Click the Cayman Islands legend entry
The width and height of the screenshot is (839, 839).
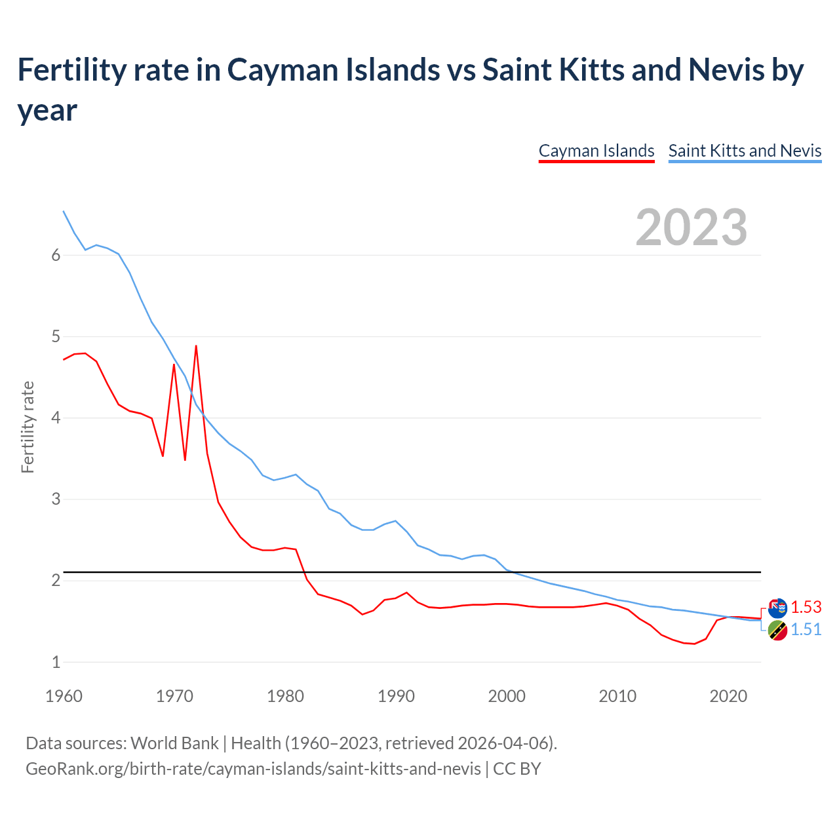tap(596, 151)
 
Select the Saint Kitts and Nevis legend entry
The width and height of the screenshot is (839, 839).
tap(745, 151)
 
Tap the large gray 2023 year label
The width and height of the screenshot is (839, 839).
tap(692, 227)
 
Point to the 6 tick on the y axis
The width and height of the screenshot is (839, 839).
tap(56, 256)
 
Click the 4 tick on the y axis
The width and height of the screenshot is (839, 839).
tap(56, 418)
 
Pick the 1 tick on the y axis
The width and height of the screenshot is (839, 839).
tap(56, 662)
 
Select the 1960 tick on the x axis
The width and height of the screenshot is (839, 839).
tap(64, 696)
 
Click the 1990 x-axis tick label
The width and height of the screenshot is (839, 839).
tap(396, 696)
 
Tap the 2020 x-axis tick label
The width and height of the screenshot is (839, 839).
tap(728, 696)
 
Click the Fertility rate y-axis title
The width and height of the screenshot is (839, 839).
tap(28, 427)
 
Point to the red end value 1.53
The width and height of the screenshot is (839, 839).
tap(806, 607)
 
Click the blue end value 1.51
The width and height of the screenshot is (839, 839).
tap(806, 629)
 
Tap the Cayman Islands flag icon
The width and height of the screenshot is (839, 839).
tap(777, 608)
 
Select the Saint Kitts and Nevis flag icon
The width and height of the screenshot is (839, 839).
tap(777, 631)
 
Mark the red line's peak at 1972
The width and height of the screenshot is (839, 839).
tap(196, 346)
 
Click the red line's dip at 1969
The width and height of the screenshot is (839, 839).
tap(163, 456)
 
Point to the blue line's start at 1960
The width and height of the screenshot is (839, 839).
tap(64, 211)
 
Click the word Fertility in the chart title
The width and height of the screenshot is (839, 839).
tap(69, 69)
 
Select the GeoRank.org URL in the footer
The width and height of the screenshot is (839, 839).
tap(253, 768)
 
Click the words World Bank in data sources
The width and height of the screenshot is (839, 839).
tap(174, 743)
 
